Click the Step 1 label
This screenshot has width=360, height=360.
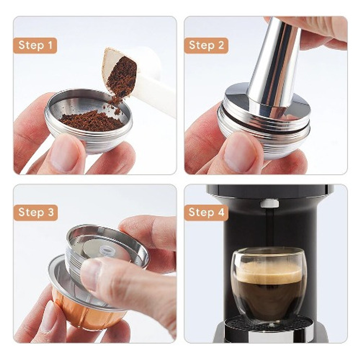coord(35,45)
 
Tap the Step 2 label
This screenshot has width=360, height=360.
coord(206,45)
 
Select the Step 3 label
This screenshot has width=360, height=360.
coord(36,213)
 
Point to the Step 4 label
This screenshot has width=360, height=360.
coord(206,213)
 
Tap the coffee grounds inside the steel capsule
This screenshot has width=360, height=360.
coord(92,121)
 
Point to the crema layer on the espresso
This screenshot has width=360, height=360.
coord(269,273)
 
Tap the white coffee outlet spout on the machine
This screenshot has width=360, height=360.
coord(269,203)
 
